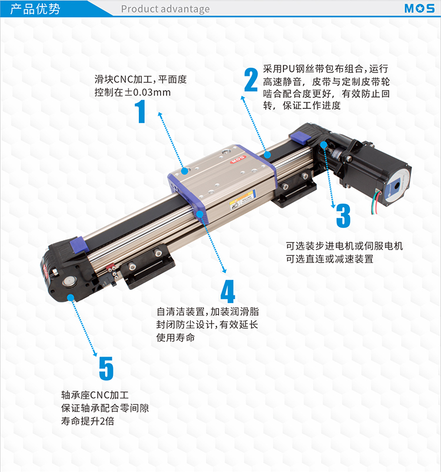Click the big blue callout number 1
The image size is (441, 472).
click(x=141, y=111)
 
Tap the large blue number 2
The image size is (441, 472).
click(x=251, y=79)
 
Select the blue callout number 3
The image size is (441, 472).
click(x=343, y=215)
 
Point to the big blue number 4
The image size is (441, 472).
click(x=228, y=291)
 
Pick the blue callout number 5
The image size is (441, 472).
click(x=106, y=368)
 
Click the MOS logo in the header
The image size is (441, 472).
click(x=419, y=8)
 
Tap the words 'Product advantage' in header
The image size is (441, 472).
click(x=165, y=9)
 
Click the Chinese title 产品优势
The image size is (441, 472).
click(x=35, y=9)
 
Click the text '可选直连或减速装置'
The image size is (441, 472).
click(x=329, y=259)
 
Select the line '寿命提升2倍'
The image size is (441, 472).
click(x=88, y=421)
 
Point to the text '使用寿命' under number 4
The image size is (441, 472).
click(x=175, y=337)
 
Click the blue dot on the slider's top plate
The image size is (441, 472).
click(x=185, y=171)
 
